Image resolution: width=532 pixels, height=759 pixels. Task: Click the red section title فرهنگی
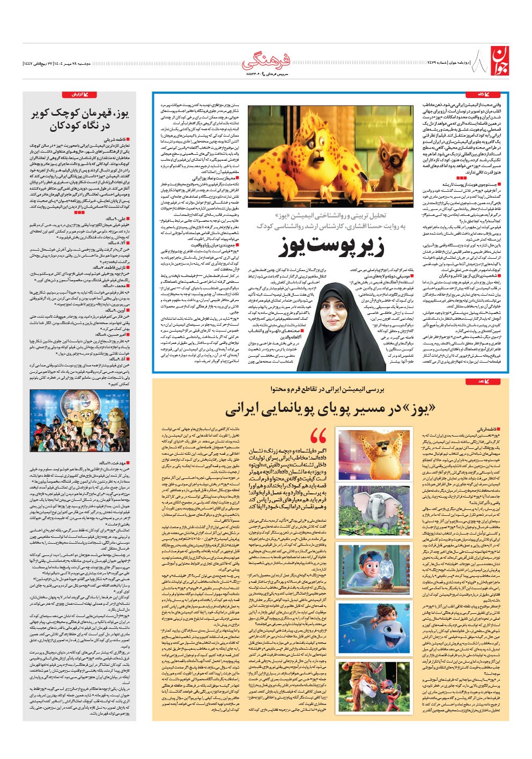(x=266, y=61)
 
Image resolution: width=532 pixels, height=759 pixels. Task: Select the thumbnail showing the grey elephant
(x=374, y=513)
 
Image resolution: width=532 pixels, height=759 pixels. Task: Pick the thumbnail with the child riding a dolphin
(x=374, y=627)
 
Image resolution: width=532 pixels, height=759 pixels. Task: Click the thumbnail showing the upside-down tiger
(x=374, y=686)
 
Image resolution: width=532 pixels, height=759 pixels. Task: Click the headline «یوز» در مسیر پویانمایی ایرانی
(x=329, y=409)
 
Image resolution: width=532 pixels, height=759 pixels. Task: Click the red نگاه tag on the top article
(x=487, y=95)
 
